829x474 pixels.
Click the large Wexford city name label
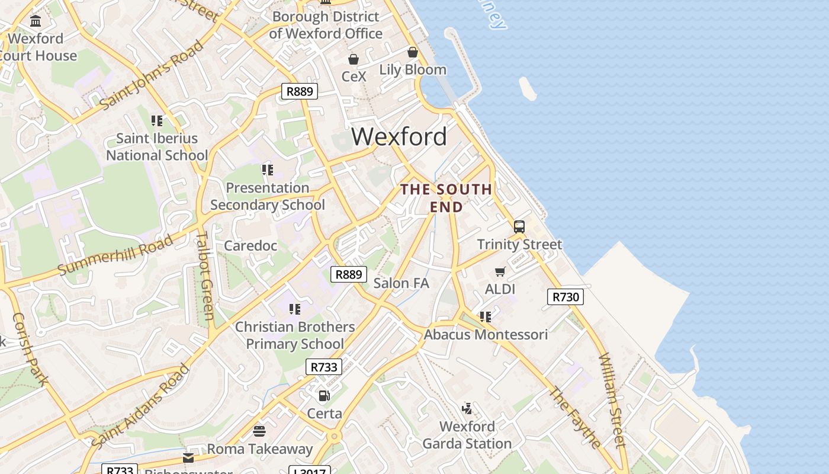tap(399, 137)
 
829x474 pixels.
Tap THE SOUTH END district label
tap(446, 198)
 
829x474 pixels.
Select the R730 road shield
tap(565, 297)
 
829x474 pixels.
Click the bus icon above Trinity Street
tap(519, 227)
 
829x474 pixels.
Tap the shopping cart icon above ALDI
tap(500, 272)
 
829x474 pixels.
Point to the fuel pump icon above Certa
tap(324, 395)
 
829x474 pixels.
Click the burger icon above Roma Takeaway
tap(259, 431)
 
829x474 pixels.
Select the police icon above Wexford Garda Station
tap(467, 408)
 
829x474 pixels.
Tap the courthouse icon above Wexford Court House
tap(36, 21)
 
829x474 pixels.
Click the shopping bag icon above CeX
tap(354, 59)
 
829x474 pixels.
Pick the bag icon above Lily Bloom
tap(413, 52)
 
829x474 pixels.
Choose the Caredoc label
tap(250, 245)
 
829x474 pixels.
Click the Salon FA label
tap(401, 283)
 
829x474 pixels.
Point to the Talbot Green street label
tap(204, 276)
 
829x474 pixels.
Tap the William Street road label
tap(612, 400)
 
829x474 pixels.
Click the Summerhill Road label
tap(116, 255)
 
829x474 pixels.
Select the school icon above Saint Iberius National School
tap(157, 121)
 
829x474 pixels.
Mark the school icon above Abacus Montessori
tap(486, 317)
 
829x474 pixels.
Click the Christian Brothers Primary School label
tap(295, 335)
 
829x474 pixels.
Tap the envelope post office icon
tap(188, 457)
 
